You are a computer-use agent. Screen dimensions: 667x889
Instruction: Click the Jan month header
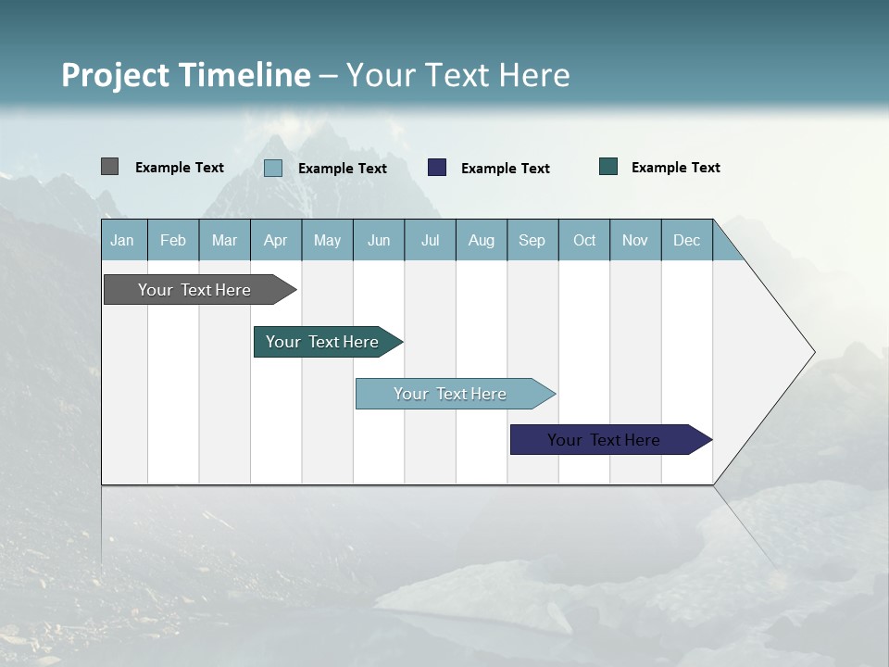[123, 240]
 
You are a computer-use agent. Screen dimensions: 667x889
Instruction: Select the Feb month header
[173, 240]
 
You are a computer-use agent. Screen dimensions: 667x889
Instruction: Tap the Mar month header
[224, 240]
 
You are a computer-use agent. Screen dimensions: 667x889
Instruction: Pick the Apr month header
[276, 240]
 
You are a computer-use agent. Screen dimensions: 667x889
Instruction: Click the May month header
[327, 240]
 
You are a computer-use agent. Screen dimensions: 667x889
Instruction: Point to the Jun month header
[379, 240]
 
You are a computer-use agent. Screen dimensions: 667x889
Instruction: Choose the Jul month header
[430, 240]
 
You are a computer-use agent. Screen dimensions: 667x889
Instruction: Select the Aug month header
[482, 240]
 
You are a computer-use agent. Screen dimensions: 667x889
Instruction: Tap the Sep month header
[532, 240]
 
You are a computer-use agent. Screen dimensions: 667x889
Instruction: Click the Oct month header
[584, 240]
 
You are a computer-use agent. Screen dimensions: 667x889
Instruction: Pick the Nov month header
[635, 240]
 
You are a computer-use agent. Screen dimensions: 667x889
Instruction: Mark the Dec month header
[687, 240]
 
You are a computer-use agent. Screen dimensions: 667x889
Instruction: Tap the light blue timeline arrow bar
[451, 394]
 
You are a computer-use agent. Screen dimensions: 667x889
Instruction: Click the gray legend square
[109, 167]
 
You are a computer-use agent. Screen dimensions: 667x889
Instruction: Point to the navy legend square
[437, 168]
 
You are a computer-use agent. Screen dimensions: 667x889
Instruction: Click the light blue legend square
[273, 168]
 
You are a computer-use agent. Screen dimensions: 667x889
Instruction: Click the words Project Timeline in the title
[186, 75]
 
